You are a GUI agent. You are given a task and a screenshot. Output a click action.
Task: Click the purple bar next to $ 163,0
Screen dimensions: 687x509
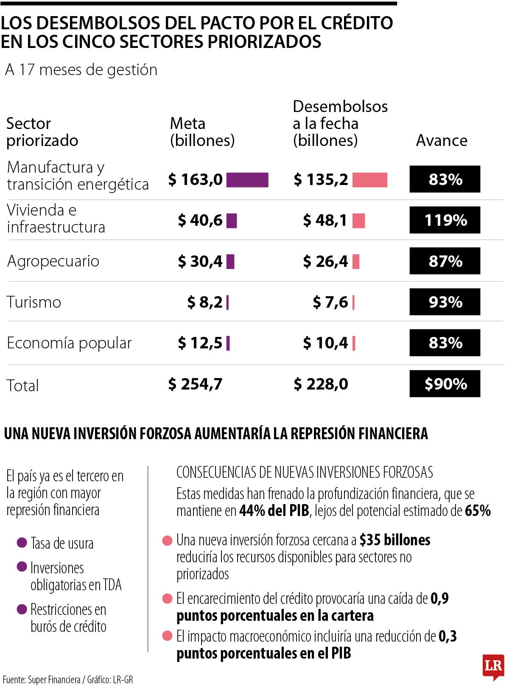coord(247,180)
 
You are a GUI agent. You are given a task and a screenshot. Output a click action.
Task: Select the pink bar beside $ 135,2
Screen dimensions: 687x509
coord(369,180)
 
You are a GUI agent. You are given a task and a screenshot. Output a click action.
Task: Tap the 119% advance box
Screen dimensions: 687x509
coord(445,220)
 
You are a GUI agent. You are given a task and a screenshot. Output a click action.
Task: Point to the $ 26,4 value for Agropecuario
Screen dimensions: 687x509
coord(325,261)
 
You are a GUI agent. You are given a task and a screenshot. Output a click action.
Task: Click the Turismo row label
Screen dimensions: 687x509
coord(34,302)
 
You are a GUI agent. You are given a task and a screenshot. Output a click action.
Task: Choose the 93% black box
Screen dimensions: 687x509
coord(445,302)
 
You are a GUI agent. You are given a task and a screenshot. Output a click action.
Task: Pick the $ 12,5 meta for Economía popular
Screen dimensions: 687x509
coord(200,343)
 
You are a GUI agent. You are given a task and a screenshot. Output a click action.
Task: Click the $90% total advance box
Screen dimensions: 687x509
coord(445,384)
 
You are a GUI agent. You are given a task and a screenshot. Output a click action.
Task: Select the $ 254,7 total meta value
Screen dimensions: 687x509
coord(195,384)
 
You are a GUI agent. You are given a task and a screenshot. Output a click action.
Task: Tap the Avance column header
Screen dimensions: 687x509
coord(442,140)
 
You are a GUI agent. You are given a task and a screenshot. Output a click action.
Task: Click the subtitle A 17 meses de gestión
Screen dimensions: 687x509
coord(81,70)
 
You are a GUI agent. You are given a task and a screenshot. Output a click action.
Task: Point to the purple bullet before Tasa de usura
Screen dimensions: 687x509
coord(22,542)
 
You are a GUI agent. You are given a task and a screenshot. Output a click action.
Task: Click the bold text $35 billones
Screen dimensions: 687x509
coord(394,540)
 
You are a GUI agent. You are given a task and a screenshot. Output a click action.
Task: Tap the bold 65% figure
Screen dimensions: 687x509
coord(478,510)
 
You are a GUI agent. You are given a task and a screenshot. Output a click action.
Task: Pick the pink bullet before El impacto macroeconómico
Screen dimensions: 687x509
coord(168,636)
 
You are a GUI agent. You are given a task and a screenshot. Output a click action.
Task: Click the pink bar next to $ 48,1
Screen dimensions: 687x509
coord(358,221)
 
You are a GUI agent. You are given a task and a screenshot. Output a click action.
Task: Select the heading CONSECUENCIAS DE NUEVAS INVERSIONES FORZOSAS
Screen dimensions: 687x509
coord(304,472)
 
